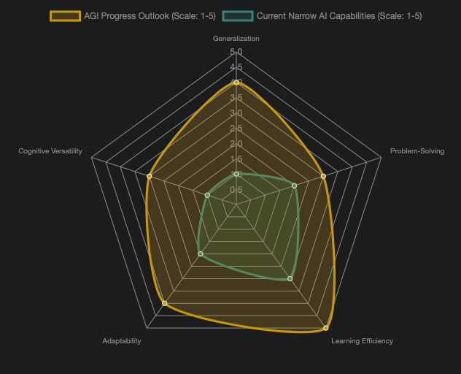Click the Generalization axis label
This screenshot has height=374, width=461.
[x=236, y=38]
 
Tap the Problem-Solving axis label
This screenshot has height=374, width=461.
[x=417, y=151]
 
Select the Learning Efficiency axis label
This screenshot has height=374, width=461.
[x=362, y=341]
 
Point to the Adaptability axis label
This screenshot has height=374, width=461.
[x=122, y=341]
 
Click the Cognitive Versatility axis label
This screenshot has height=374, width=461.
[x=50, y=151]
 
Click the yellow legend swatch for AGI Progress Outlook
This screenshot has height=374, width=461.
[x=65, y=15]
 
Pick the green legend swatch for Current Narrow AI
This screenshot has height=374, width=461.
[x=237, y=15]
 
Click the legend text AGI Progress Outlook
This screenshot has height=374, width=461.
[x=150, y=15]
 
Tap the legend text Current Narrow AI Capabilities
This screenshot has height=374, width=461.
[x=339, y=15]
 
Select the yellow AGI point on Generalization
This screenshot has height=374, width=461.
[x=236, y=83]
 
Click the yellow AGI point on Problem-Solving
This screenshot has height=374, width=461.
[x=323, y=176]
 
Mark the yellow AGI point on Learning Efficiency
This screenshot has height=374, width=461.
[x=326, y=327]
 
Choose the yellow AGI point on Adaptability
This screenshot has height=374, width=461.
[x=164, y=302]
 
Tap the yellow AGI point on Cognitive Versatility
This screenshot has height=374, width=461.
[x=149, y=176]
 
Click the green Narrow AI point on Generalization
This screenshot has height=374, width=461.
[x=236, y=174]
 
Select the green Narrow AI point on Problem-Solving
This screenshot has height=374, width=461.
[x=295, y=186]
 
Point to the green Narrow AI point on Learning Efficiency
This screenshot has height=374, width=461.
[x=290, y=278]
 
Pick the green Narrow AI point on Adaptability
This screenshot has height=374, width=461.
[x=201, y=254]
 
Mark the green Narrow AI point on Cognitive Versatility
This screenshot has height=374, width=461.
[x=207, y=195]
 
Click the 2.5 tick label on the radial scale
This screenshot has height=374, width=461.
[x=236, y=129]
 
